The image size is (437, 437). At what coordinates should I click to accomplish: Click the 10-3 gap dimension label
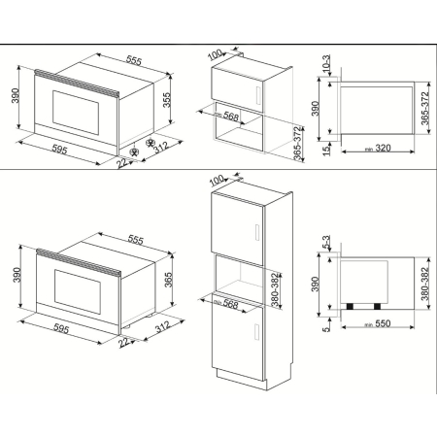[325, 63]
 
